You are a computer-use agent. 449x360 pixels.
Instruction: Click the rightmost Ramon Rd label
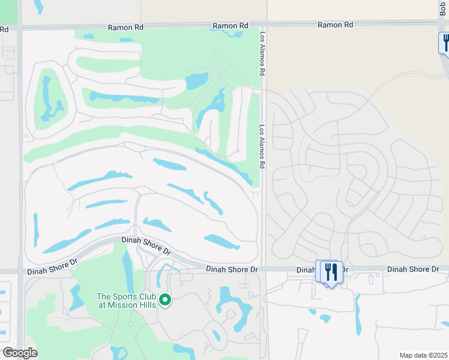tap(336, 25)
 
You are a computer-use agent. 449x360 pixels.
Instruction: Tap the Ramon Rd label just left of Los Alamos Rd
tap(231, 26)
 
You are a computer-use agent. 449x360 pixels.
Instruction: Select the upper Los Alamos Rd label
tap(262, 44)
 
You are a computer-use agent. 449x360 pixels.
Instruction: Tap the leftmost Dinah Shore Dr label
tap(53, 267)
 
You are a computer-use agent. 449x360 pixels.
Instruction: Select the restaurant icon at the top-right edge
tap(445, 43)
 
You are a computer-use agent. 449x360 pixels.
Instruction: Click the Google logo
tap(20, 353)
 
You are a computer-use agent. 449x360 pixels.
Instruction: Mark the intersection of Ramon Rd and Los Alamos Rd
tap(262, 26)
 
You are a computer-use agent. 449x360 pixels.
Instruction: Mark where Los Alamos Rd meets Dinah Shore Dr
tap(262, 269)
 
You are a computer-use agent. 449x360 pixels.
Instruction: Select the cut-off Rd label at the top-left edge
tap(4, 29)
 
